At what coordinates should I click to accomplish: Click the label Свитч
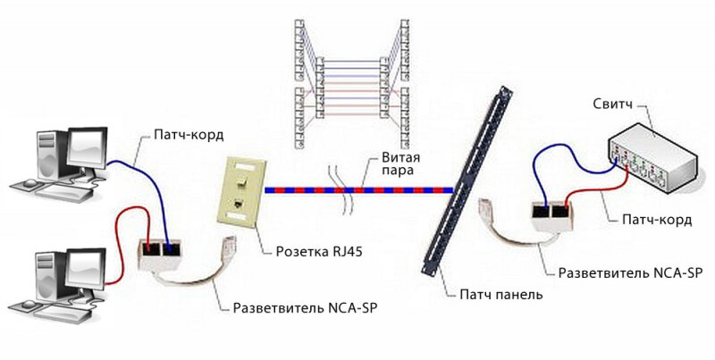click(x=613, y=105)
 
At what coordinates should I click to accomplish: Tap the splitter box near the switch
click(x=552, y=214)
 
